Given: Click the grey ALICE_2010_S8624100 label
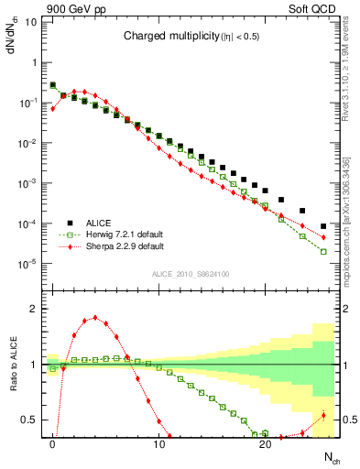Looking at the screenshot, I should tap(190, 274).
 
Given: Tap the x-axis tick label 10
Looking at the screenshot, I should tap(159, 444).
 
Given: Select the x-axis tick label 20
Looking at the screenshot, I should tap(266, 444).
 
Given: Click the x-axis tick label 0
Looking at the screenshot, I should tap(53, 444).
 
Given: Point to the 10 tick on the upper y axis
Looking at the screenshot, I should tap(31, 21).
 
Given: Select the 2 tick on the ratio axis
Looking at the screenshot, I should tap(33, 309).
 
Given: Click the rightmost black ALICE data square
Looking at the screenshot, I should tap(323, 226).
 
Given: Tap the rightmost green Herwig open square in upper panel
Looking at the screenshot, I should tap(323, 251).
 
